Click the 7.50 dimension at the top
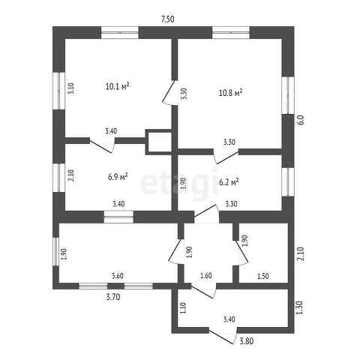(167, 19)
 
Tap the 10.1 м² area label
(117, 86)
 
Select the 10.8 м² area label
(230, 93)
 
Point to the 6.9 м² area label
(118, 177)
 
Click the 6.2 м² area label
(229, 182)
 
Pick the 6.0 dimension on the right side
(301, 120)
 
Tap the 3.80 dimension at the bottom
(247, 341)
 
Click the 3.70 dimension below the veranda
(113, 297)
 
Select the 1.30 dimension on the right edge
(300, 307)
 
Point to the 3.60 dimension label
(118, 276)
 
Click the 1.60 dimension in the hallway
(206, 276)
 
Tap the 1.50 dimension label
(263, 276)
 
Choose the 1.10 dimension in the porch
(183, 308)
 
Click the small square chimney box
(158, 142)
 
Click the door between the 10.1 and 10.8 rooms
(169, 91)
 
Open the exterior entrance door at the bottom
(223, 336)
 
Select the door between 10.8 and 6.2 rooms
(226, 156)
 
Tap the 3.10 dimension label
(71, 88)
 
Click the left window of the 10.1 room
(59, 91)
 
